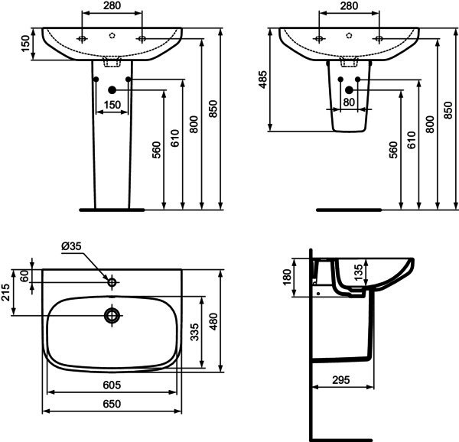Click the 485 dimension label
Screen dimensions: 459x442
[x=263, y=80]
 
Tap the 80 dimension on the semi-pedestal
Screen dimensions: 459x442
[x=349, y=102]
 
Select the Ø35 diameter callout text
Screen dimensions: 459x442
[x=71, y=246]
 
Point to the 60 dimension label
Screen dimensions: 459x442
[x=24, y=276]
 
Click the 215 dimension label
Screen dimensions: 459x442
[x=6, y=292]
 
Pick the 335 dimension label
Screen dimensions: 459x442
[x=194, y=332]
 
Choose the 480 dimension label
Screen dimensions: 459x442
[x=214, y=321]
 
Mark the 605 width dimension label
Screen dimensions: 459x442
[x=112, y=385]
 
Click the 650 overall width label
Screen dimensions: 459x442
[x=112, y=404]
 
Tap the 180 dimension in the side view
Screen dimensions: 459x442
[x=288, y=276]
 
